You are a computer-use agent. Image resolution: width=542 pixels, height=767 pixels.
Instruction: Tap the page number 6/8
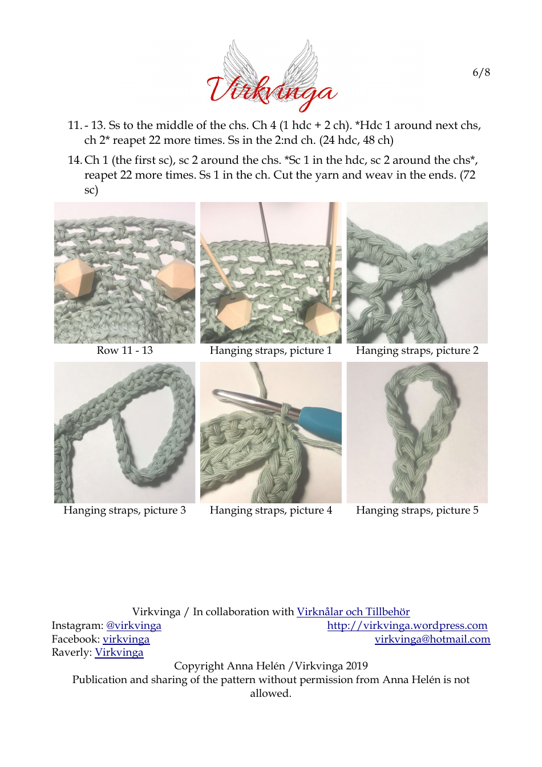481,72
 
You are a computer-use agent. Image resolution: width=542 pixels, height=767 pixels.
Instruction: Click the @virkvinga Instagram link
134,625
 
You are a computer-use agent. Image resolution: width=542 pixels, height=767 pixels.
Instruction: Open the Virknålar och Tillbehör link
353,612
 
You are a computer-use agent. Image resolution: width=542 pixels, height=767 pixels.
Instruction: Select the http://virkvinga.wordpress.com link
407,625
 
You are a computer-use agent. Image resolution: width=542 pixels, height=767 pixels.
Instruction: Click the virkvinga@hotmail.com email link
432,639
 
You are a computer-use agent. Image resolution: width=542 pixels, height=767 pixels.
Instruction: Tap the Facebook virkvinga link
126,639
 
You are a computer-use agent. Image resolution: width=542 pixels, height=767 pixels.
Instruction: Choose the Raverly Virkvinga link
119,652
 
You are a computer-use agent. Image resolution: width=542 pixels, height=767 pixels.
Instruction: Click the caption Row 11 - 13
124,350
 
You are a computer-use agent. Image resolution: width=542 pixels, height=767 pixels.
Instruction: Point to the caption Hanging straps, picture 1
270,350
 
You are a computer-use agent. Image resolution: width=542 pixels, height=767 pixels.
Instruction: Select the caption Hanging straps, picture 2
417,350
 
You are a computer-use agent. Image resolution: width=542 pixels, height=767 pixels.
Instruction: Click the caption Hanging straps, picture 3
124,510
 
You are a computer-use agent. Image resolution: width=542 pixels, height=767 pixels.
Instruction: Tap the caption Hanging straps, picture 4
270,510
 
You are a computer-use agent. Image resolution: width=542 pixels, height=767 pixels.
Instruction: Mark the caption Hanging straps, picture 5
417,510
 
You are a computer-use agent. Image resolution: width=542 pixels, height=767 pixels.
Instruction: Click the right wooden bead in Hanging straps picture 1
321,317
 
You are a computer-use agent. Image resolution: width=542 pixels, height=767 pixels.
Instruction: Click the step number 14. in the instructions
75,160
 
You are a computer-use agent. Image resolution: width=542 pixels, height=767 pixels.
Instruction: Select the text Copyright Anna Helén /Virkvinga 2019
270,666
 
